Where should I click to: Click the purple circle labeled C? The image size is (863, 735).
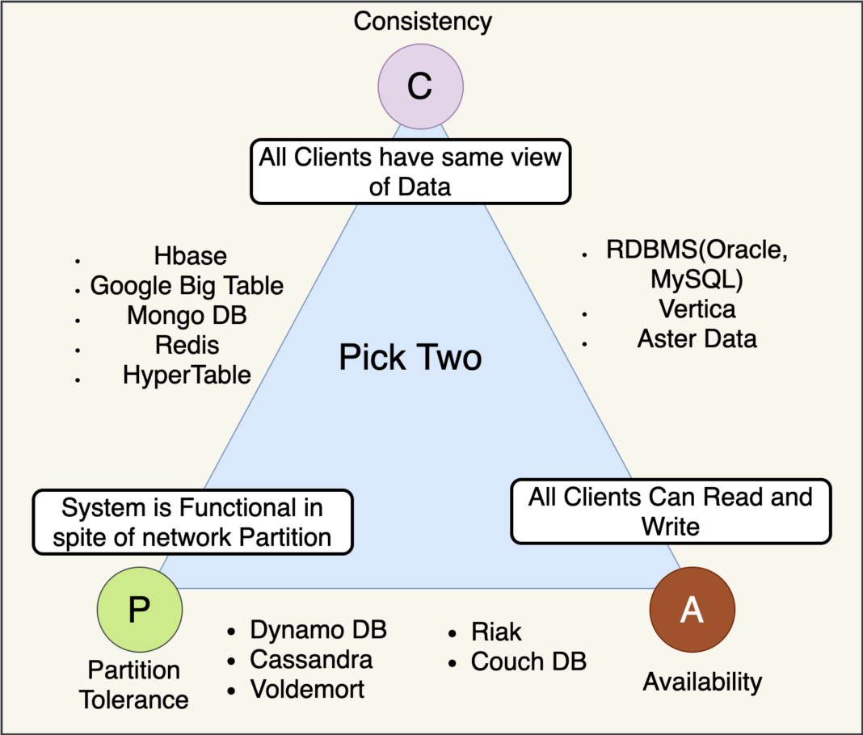pyautogui.click(x=420, y=85)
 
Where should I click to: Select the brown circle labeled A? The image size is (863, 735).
pyautogui.click(x=692, y=611)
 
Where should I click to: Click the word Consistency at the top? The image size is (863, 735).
pyautogui.click(x=423, y=21)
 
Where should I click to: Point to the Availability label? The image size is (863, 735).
pyautogui.click(x=702, y=682)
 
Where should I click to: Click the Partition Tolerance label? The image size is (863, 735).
pyautogui.click(x=134, y=684)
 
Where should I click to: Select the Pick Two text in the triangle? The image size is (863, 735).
pyautogui.click(x=410, y=357)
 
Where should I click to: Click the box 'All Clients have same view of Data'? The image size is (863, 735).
pyautogui.click(x=410, y=170)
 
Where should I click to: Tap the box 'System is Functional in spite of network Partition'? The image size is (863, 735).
pyautogui.click(x=192, y=523)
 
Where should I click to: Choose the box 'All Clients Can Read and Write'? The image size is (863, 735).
pyautogui.click(x=670, y=511)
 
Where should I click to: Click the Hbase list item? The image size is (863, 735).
pyautogui.click(x=190, y=256)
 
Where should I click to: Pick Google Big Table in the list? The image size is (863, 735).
pyautogui.click(x=187, y=285)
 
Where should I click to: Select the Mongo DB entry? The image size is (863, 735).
pyautogui.click(x=187, y=315)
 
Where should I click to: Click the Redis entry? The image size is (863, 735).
pyautogui.click(x=187, y=345)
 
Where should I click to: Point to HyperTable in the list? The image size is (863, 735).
pyautogui.click(x=187, y=375)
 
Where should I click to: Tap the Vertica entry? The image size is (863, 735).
pyautogui.click(x=697, y=309)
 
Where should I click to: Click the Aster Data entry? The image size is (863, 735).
pyautogui.click(x=697, y=338)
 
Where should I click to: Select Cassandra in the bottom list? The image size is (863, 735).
pyautogui.click(x=311, y=659)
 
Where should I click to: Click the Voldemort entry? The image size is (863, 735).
pyautogui.click(x=307, y=689)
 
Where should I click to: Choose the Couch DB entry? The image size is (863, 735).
pyautogui.click(x=528, y=661)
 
